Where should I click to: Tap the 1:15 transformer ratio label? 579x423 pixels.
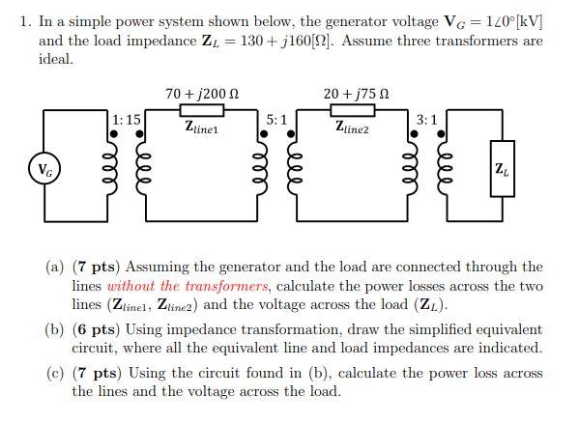pyautogui.click(x=126, y=119)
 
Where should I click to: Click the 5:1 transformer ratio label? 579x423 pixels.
pyautogui.click(x=275, y=119)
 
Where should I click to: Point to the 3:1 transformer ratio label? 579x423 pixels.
pyautogui.click(x=426, y=119)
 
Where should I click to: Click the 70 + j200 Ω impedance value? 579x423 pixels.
pyautogui.click(x=201, y=94)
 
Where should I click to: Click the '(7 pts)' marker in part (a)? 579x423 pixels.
pyautogui.click(x=96, y=267)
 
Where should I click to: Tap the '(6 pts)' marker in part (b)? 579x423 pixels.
pyautogui.click(x=96, y=329)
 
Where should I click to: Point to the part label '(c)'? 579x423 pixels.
pyautogui.click(x=54, y=373)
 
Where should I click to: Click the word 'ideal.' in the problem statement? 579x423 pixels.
pyautogui.click(x=56, y=59)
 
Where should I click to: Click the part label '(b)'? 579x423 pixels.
pyautogui.click(x=54, y=329)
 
